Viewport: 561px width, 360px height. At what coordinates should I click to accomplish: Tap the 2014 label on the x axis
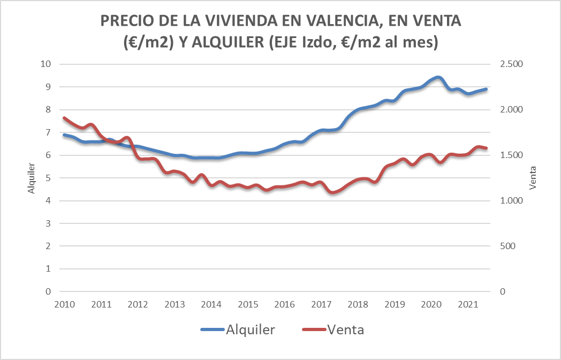pos(211,304)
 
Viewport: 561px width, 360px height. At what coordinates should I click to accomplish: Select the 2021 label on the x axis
pos(468,304)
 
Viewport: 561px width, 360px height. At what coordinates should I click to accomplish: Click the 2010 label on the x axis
pos(64,304)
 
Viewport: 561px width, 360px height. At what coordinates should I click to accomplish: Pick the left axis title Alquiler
pos(31,178)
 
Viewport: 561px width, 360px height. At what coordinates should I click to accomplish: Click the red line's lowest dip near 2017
pos(333,192)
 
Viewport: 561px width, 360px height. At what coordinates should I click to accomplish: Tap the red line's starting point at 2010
pos(64,118)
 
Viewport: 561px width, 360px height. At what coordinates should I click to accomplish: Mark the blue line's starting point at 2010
pos(64,135)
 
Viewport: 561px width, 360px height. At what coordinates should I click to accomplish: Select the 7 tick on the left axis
pos(48,132)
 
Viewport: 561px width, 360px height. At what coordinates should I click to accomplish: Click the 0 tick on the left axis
pos(48,292)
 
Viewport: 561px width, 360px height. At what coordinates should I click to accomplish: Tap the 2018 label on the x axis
pos(358,304)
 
